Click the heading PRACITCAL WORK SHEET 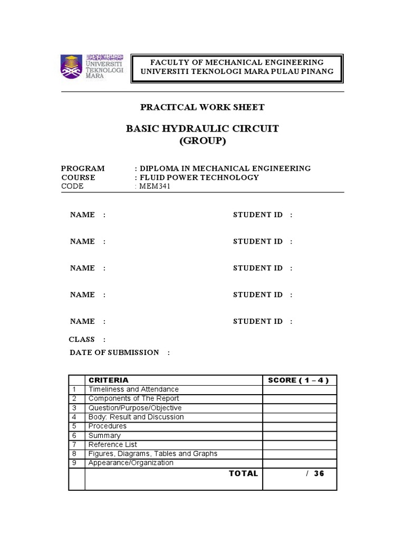202,107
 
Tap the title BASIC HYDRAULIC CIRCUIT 202,129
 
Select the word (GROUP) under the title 202,141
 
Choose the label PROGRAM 83,168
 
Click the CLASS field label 82,339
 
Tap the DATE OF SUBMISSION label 114,352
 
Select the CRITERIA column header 108,380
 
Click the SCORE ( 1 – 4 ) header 298,380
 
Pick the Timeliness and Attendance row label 133,389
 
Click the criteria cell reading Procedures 108,426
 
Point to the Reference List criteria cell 113,444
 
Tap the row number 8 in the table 75,453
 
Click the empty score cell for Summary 299,435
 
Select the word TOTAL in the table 243,473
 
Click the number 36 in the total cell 319,473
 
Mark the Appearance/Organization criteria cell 131,463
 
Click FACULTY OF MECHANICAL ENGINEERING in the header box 237,62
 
